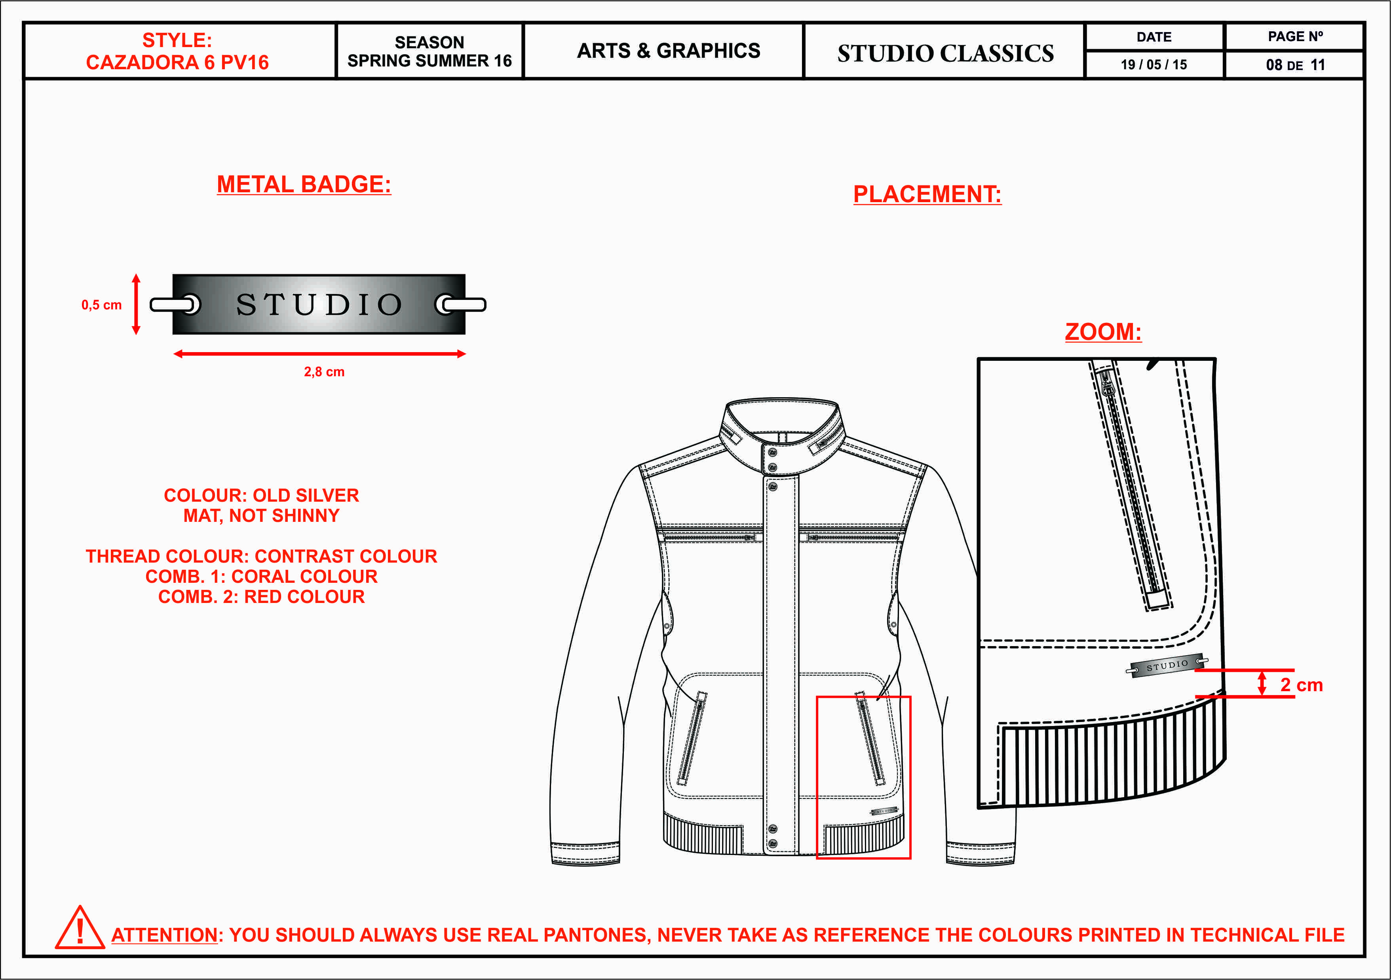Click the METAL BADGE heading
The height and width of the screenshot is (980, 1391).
point(304,184)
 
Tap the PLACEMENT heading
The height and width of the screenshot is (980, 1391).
point(927,194)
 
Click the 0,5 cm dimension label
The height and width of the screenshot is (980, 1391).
point(101,305)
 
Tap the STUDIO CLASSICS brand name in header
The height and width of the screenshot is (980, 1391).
point(945,53)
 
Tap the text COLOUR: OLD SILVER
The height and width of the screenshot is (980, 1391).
point(261,495)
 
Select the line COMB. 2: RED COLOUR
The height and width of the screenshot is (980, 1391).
point(261,597)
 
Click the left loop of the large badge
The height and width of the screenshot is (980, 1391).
point(176,304)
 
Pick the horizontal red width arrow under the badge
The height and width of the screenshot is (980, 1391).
point(319,354)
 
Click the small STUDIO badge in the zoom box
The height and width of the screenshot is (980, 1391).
point(1167,665)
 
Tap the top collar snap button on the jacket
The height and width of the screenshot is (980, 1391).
point(772,453)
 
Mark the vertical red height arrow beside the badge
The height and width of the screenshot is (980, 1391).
point(136,304)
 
